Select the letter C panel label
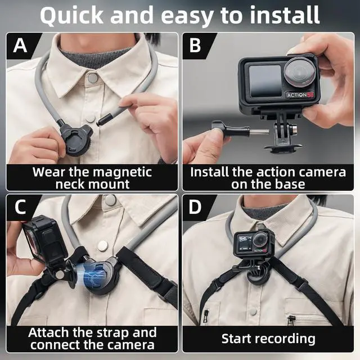pos(20,208)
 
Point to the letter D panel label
pos(195,208)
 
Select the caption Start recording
pos(268,338)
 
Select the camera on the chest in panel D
pos(255,245)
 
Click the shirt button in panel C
pos(102,245)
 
